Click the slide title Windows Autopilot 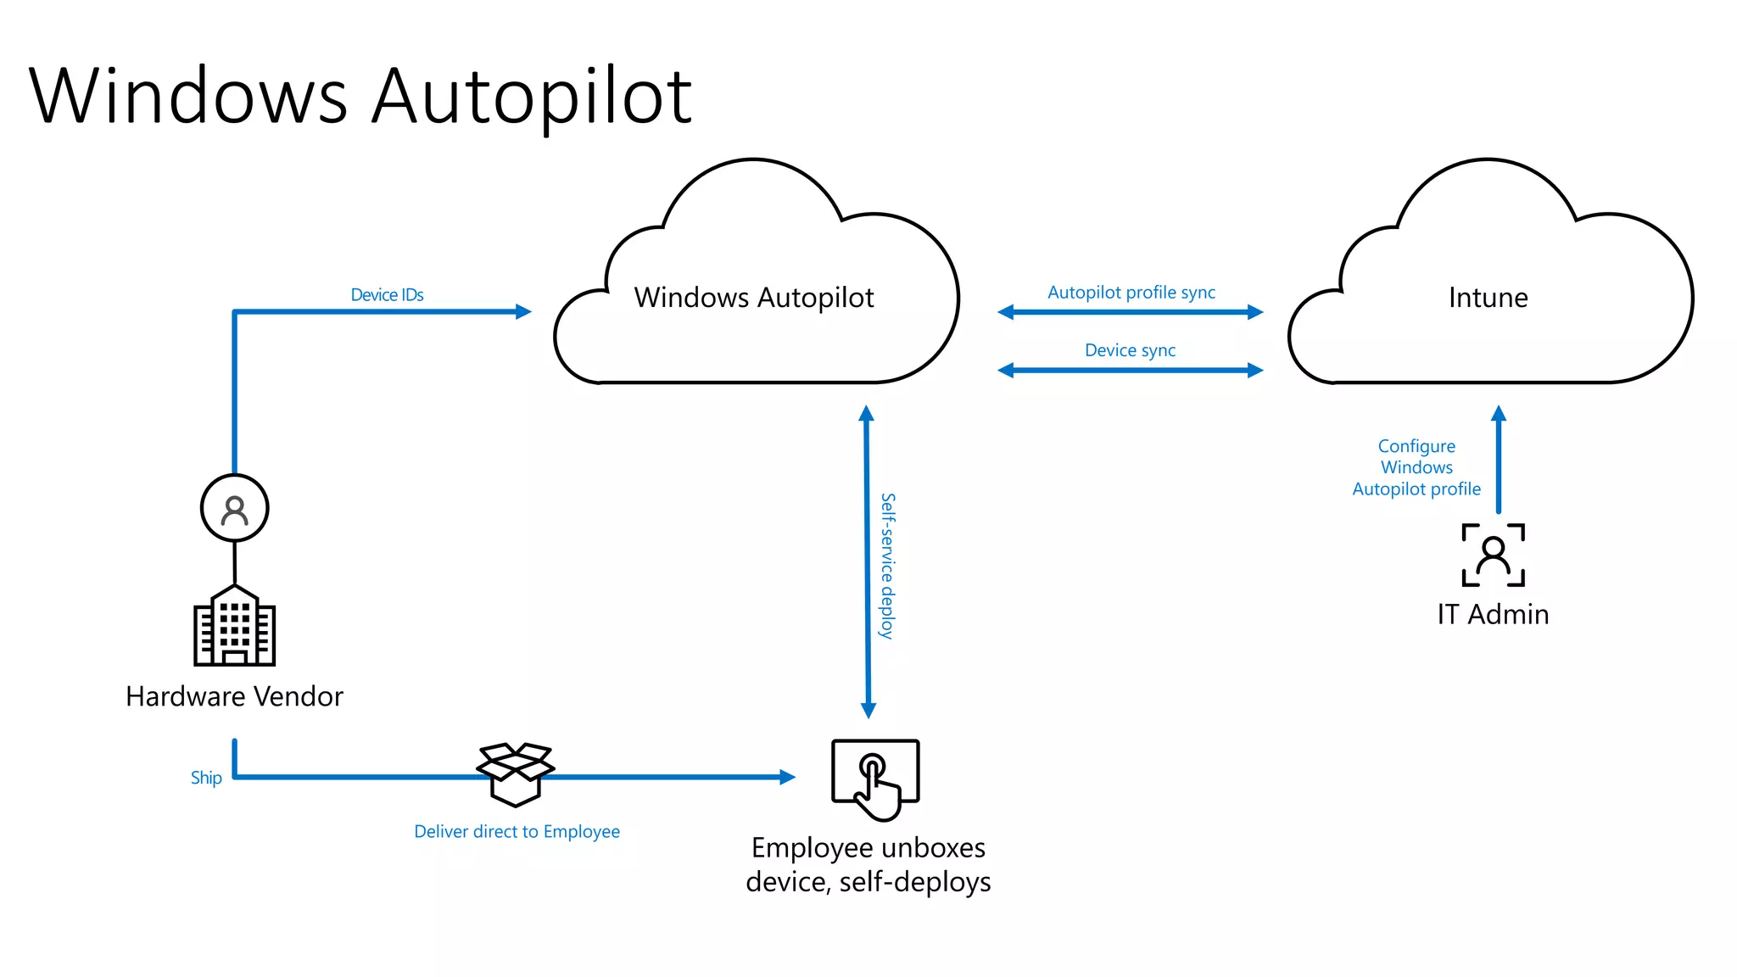[360, 96]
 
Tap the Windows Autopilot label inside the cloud [753, 298]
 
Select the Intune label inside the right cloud [1488, 298]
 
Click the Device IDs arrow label [387, 294]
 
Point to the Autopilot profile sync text [1131, 293]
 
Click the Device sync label [1130, 350]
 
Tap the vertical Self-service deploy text [887, 566]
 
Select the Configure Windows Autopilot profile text [1416, 467]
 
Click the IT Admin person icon [1493, 555]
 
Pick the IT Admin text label [1493, 614]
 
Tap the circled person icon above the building [235, 509]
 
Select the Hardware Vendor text [234, 696]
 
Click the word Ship [206, 778]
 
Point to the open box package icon [516, 773]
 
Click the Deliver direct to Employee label [517, 832]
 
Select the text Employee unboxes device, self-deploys [868, 865]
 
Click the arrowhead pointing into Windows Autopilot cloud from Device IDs [523, 312]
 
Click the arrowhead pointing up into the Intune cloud [1499, 414]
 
